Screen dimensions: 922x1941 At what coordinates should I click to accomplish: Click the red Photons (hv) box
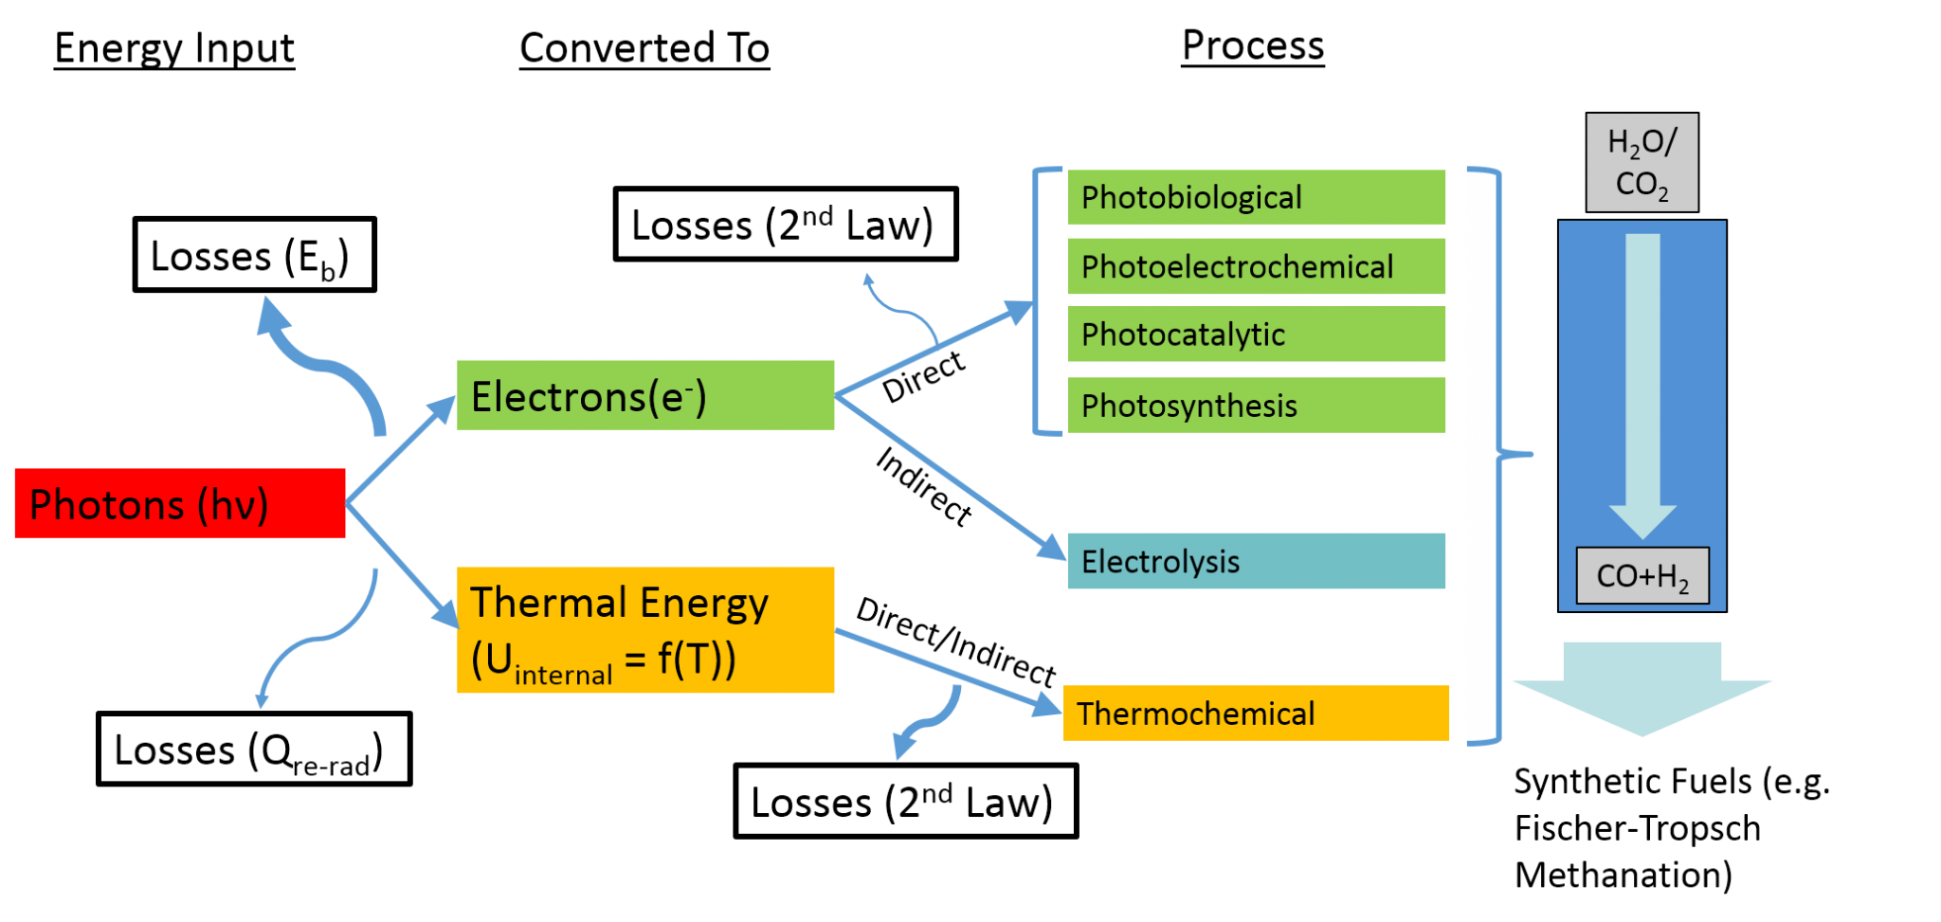[x=180, y=503]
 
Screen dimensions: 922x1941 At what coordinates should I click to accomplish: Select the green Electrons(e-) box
[x=645, y=395]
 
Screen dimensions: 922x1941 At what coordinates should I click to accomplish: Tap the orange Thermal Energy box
[x=645, y=630]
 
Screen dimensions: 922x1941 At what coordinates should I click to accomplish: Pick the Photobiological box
[x=1257, y=197]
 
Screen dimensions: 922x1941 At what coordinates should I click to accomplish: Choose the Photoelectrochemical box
[x=1257, y=266]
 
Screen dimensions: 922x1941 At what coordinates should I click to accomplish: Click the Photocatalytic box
[x=1257, y=334]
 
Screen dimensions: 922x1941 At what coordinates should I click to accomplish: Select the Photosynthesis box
[x=1257, y=405]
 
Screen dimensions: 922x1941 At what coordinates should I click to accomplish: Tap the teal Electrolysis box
[x=1257, y=561]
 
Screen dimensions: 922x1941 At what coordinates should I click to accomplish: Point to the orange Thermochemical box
[x=1256, y=713]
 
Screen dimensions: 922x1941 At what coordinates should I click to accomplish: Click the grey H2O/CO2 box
[x=1642, y=162]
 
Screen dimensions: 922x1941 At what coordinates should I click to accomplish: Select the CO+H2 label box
[x=1642, y=575]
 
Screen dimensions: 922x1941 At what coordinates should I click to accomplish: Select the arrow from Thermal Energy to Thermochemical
[x=948, y=669]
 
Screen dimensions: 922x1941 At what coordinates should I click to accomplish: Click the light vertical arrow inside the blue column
[x=1642, y=379]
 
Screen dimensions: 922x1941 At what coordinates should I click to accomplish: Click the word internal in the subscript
[x=563, y=676]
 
